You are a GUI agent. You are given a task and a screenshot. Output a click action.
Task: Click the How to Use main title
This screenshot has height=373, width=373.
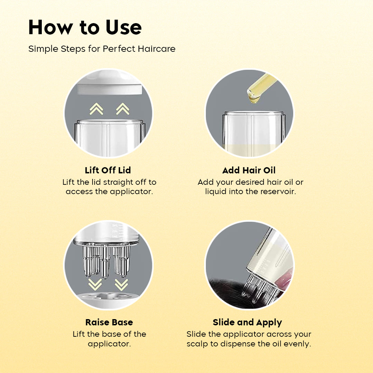pyautogui.click(x=85, y=27)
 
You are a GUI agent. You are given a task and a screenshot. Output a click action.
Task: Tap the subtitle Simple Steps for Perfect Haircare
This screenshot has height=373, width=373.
pyautogui.click(x=102, y=49)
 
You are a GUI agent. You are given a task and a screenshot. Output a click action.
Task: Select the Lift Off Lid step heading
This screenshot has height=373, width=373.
pyautogui.click(x=108, y=170)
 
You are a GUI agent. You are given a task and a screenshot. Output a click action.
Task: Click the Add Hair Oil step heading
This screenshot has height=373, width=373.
pyautogui.click(x=249, y=170)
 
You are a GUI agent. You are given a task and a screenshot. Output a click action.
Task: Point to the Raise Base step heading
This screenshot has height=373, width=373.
pyautogui.click(x=109, y=322)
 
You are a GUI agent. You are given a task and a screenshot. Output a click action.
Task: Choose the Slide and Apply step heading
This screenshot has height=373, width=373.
pyautogui.click(x=247, y=323)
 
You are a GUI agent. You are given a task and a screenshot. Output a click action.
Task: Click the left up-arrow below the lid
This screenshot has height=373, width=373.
pyautogui.click(x=96, y=109)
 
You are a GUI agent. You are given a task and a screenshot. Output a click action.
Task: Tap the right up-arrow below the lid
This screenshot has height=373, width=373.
pyautogui.click(x=123, y=109)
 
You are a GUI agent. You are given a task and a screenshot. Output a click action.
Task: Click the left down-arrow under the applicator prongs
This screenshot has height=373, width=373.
pyautogui.click(x=95, y=285)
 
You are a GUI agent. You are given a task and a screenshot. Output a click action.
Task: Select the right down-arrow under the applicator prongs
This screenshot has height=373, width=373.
pyautogui.click(x=121, y=285)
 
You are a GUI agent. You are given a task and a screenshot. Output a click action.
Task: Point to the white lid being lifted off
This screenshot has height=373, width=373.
pyautogui.click(x=109, y=83)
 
